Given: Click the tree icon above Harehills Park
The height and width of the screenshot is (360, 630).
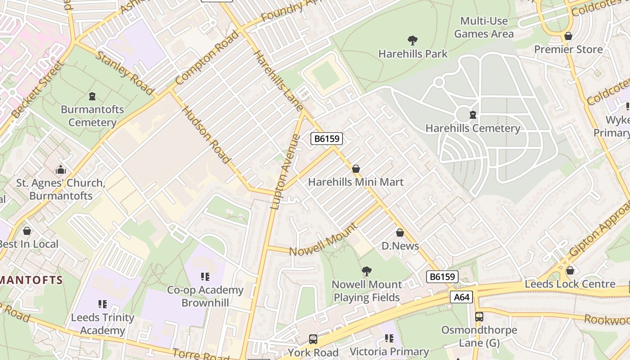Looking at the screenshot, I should [x=412, y=40].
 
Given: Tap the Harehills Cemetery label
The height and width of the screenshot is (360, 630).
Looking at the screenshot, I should [x=472, y=128].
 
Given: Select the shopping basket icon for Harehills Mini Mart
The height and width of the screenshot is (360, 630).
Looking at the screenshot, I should [x=356, y=169].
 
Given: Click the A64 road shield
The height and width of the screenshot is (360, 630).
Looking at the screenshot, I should [x=461, y=297].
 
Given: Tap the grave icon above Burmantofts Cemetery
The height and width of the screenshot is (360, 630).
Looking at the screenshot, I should [x=92, y=96].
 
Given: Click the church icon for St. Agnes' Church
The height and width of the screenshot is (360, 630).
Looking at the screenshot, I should [x=61, y=170].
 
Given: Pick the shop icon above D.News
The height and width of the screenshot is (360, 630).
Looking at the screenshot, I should [x=400, y=233].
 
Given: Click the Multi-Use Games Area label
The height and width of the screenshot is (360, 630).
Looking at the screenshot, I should [x=484, y=27].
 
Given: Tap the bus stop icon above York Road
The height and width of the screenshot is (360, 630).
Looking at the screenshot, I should [x=313, y=339].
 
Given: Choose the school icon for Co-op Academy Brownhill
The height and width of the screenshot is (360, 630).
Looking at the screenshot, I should [x=205, y=276].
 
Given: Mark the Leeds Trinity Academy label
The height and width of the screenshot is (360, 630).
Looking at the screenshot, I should [x=103, y=324].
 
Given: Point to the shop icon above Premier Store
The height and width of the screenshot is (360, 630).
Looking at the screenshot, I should [x=568, y=36].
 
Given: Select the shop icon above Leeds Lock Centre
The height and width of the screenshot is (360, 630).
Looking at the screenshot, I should [x=570, y=270].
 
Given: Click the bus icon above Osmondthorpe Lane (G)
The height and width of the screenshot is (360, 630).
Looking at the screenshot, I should [x=479, y=316].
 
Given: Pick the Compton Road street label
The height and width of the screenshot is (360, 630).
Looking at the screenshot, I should [x=207, y=58].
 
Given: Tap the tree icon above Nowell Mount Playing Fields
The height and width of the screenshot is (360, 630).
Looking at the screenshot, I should [x=367, y=271].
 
